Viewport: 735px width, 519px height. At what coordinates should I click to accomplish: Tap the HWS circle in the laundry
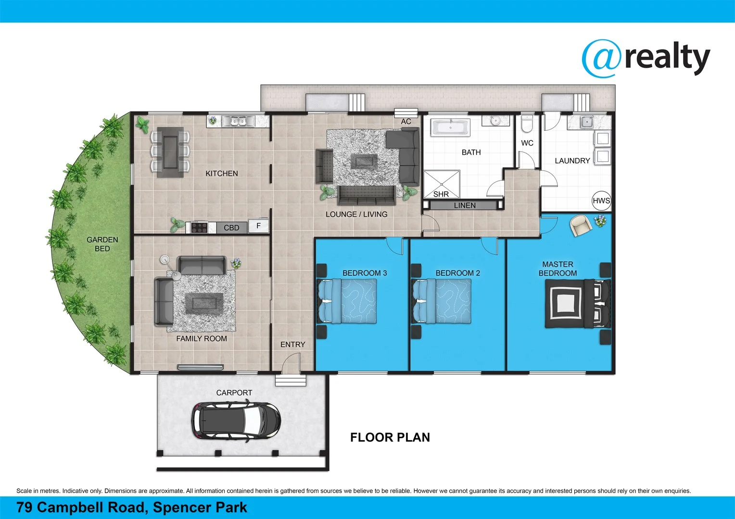tap(601, 201)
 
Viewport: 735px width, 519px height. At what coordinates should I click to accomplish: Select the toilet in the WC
tap(527, 125)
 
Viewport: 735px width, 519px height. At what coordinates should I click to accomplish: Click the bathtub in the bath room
tap(450, 128)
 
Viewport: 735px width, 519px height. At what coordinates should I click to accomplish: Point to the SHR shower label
tap(441, 194)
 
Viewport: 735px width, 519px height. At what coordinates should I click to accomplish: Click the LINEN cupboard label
tap(464, 205)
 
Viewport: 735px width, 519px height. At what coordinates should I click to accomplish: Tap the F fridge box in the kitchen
tap(258, 225)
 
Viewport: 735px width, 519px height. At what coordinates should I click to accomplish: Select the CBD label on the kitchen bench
tap(231, 228)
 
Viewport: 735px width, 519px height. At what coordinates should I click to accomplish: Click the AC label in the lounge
tap(406, 122)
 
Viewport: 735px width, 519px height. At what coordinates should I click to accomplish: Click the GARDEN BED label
tap(102, 244)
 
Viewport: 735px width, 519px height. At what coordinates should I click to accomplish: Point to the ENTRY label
tap(292, 345)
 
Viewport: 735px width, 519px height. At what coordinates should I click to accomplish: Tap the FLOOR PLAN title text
tap(390, 437)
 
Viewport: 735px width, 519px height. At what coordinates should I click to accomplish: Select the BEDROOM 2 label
tap(457, 273)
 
